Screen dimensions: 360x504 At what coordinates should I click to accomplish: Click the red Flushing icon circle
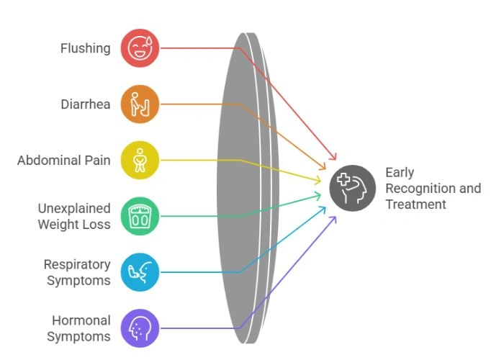140,48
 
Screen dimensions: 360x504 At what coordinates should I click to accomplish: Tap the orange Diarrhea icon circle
140,104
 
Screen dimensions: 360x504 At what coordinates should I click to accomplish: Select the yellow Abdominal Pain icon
140,160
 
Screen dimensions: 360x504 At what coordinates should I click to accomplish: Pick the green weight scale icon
140,216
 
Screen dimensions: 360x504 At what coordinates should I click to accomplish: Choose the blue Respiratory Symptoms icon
140,272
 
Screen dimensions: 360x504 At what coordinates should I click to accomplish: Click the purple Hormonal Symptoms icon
140,328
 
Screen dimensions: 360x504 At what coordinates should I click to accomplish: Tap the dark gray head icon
353,188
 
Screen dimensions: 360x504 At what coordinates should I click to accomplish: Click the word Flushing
85,48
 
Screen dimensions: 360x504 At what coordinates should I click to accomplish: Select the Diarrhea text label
86,104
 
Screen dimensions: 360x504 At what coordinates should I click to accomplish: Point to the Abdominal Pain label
64,160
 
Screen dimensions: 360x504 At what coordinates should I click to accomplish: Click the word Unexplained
74,209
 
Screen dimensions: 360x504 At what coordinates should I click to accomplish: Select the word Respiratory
77,264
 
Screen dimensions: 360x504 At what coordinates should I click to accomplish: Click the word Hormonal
81,320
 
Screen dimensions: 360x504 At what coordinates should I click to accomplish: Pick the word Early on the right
400,173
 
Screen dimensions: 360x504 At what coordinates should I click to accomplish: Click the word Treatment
415,204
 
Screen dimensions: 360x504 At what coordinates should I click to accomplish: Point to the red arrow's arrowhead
333,157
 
